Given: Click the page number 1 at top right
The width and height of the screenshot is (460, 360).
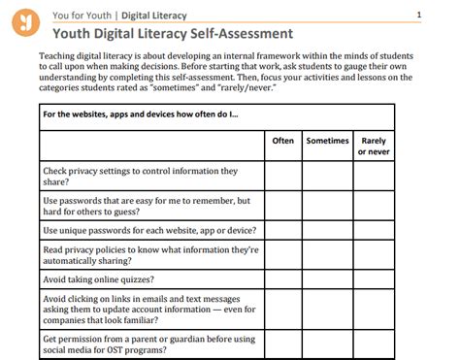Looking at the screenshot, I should [x=418, y=15].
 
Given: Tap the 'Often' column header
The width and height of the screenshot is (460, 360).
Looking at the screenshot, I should [x=282, y=141].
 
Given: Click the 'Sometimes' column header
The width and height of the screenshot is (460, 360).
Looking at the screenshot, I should [x=327, y=141].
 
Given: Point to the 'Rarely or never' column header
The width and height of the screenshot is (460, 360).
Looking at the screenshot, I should [x=374, y=146].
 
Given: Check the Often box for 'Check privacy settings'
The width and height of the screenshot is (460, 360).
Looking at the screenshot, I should [x=282, y=176].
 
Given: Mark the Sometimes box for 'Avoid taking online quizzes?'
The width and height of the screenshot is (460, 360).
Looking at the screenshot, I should [x=327, y=279].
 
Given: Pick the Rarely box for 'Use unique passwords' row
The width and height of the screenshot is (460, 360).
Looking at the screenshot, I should [x=374, y=231].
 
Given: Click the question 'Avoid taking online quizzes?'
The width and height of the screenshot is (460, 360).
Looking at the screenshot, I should [x=99, y=279].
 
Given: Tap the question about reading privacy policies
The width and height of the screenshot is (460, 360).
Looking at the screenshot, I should [x=150, y=255].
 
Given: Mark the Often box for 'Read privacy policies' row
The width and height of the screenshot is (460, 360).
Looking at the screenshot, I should [x=282, y=255].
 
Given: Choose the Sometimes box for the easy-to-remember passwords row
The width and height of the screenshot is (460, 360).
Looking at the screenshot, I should [x=327, y=206].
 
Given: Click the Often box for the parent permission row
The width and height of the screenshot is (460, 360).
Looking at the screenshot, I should [x=282, y=344].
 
